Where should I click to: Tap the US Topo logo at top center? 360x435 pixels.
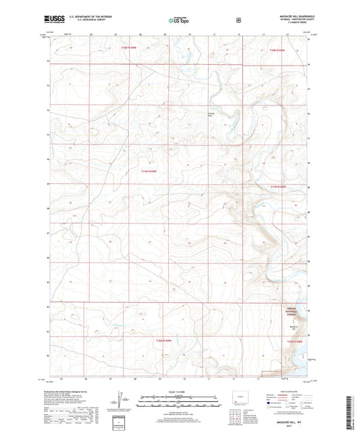coord(179,21)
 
